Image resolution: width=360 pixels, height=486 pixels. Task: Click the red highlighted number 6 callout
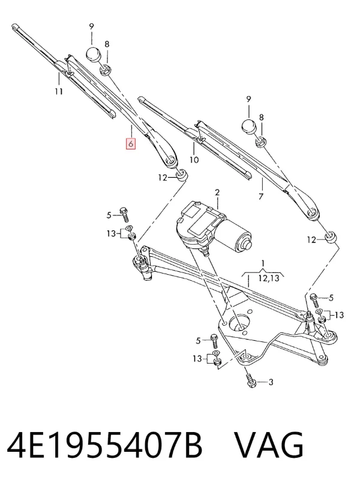click(131, 144)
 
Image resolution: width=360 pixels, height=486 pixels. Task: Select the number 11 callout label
click(59, 91)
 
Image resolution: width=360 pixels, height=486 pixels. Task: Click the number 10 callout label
click(194, 160)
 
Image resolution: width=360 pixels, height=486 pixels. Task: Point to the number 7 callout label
click(261, 197)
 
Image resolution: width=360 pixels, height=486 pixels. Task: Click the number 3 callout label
click(271, 382)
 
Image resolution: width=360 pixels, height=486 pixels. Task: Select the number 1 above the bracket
click(263, 264)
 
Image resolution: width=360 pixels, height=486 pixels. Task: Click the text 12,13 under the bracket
click(269, 278)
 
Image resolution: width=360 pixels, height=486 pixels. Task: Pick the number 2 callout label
click(217, 192)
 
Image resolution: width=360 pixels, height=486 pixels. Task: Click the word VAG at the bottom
click(269, 445)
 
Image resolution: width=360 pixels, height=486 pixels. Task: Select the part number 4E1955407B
click(104, 445)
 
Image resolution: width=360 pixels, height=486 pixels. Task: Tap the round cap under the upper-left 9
click(94, 55)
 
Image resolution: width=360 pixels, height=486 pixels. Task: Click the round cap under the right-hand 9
click(250, 127)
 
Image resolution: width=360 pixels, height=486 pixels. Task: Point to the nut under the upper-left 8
click(105, 70)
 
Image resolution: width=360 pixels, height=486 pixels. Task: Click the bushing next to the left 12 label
click(182, 175)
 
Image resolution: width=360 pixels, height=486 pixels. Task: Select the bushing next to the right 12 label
click(331, 237)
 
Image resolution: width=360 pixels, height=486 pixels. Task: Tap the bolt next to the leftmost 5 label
click(125, 214)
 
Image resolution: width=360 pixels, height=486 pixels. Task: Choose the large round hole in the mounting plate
click(238, 324)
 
